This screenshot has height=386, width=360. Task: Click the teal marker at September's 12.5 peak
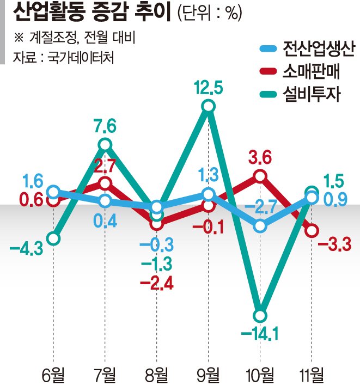208,108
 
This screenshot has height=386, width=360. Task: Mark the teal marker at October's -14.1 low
260,315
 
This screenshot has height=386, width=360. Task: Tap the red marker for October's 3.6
260,176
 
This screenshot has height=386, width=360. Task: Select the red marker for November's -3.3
312,230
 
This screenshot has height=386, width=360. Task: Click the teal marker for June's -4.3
53,238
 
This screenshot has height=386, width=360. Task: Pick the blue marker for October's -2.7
260,225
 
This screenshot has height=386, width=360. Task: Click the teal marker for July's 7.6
106,145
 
